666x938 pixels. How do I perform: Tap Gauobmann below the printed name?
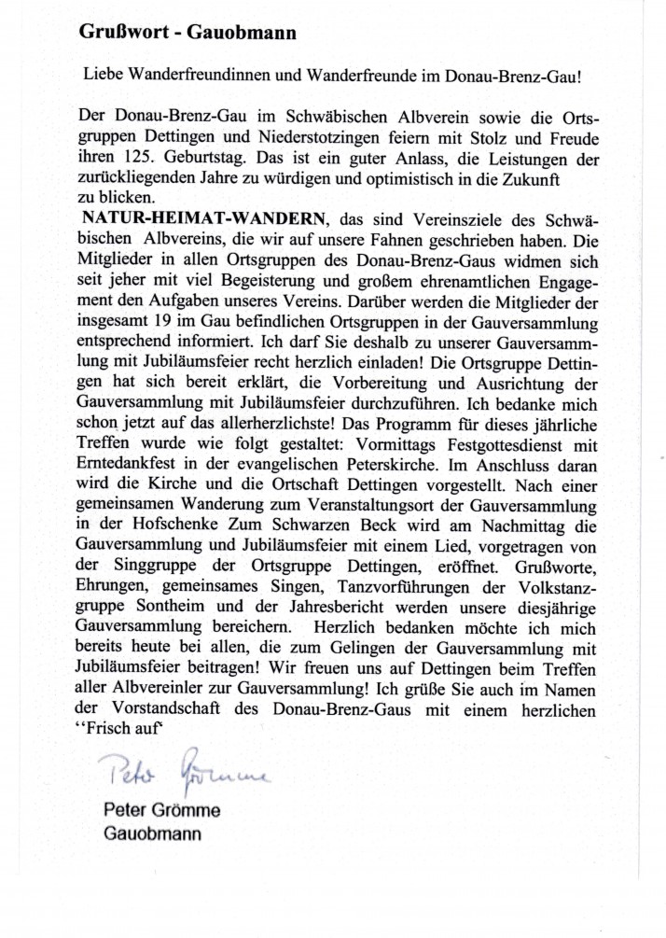point(152,833)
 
